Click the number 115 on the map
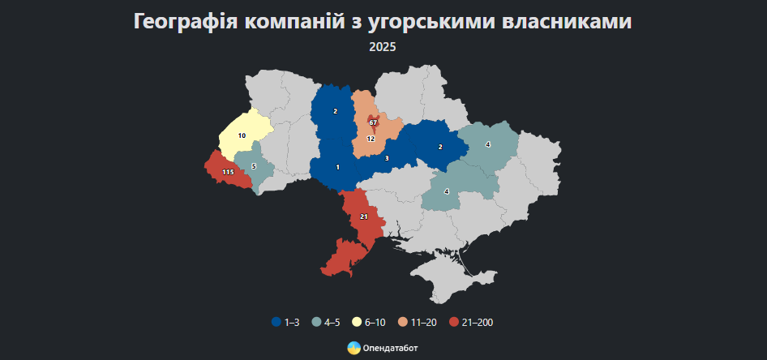pyautogui.click(x=228, y=173)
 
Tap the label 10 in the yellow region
pyautogui.click(x=242, y=135)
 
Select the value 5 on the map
pyautogui.click(x=254, y=166)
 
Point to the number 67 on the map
pyautogui.click(x=373, y=122)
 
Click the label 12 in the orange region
pyautogui.click(x=371, y=139)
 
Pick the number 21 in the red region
pyautogui.click(x=364, y=216)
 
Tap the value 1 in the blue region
pyautogui.click(x=337, y=167)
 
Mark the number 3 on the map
pyautogui.click(x=387, y=158)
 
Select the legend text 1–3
pyautogui.click(x=292, y=323)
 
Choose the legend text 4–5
pyautogui.click(x=332, y=323)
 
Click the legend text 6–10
pyautogui.click(x=375, y=323)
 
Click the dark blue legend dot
pyautogui.click(x=276, y=323)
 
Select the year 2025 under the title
pyautogui.click(x=383, y=47)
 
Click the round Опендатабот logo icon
pyautogui.click(x=354, y=348)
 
